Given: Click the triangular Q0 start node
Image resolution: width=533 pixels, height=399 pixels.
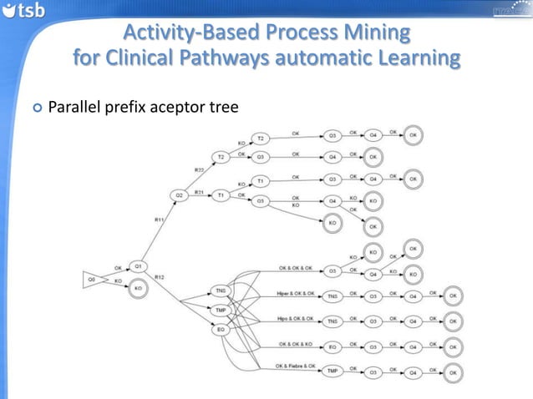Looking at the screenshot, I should coord(93,280).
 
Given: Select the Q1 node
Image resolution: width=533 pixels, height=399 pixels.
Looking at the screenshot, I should coord(140,266).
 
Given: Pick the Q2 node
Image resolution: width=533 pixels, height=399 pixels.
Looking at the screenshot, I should coord(179,195).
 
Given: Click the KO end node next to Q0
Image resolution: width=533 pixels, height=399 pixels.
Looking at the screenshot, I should coord(140,289).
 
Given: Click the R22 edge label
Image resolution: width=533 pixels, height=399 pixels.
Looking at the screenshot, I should coord(199,170).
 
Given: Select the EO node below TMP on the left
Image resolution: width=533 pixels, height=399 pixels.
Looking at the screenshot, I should coord(221,331).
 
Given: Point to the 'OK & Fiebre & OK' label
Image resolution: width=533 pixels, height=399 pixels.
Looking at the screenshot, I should coord(296,366).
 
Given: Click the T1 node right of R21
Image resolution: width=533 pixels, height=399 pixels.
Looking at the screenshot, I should coord(221,195).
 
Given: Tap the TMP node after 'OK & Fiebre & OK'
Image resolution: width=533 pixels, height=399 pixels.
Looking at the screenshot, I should coord(332,371).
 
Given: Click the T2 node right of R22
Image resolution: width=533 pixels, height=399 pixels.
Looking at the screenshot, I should coord(221,156).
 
